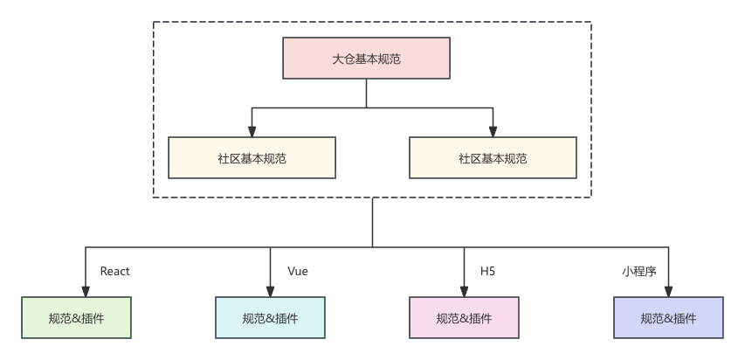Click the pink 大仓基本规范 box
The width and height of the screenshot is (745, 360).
(x=366, y=59)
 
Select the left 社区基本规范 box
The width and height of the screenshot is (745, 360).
(x=252, y=158)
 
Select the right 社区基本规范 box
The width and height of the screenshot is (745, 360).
(x=493, y=158)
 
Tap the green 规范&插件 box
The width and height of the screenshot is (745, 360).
(x=77, y=318)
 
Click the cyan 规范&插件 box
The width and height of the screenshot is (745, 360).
(x=270, y=318)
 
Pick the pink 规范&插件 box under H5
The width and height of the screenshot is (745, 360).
(x=464, y=318)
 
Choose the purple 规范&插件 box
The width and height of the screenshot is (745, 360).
(x=668, y=318)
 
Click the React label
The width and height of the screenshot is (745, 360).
(x=114, y=272)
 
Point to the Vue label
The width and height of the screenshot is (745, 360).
(x=298, y=272)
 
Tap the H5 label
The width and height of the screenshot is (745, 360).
(x=487, y=272)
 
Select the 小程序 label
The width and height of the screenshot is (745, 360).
(x=638, y=272)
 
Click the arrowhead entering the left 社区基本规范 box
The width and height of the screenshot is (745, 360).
(x=252, y=132)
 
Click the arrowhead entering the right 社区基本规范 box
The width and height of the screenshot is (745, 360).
(x=493, y=132)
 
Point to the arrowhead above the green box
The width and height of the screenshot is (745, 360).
(x=86, y=292)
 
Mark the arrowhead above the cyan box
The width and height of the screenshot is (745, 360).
(x=270, y=292)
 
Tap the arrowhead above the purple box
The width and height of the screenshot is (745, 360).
(x=669, y=292)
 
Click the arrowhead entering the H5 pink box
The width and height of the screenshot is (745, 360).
(x=464, y=292)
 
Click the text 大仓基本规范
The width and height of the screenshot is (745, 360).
(x=366, y=59)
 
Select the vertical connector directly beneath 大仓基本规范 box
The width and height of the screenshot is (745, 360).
(x=366, y=93)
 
